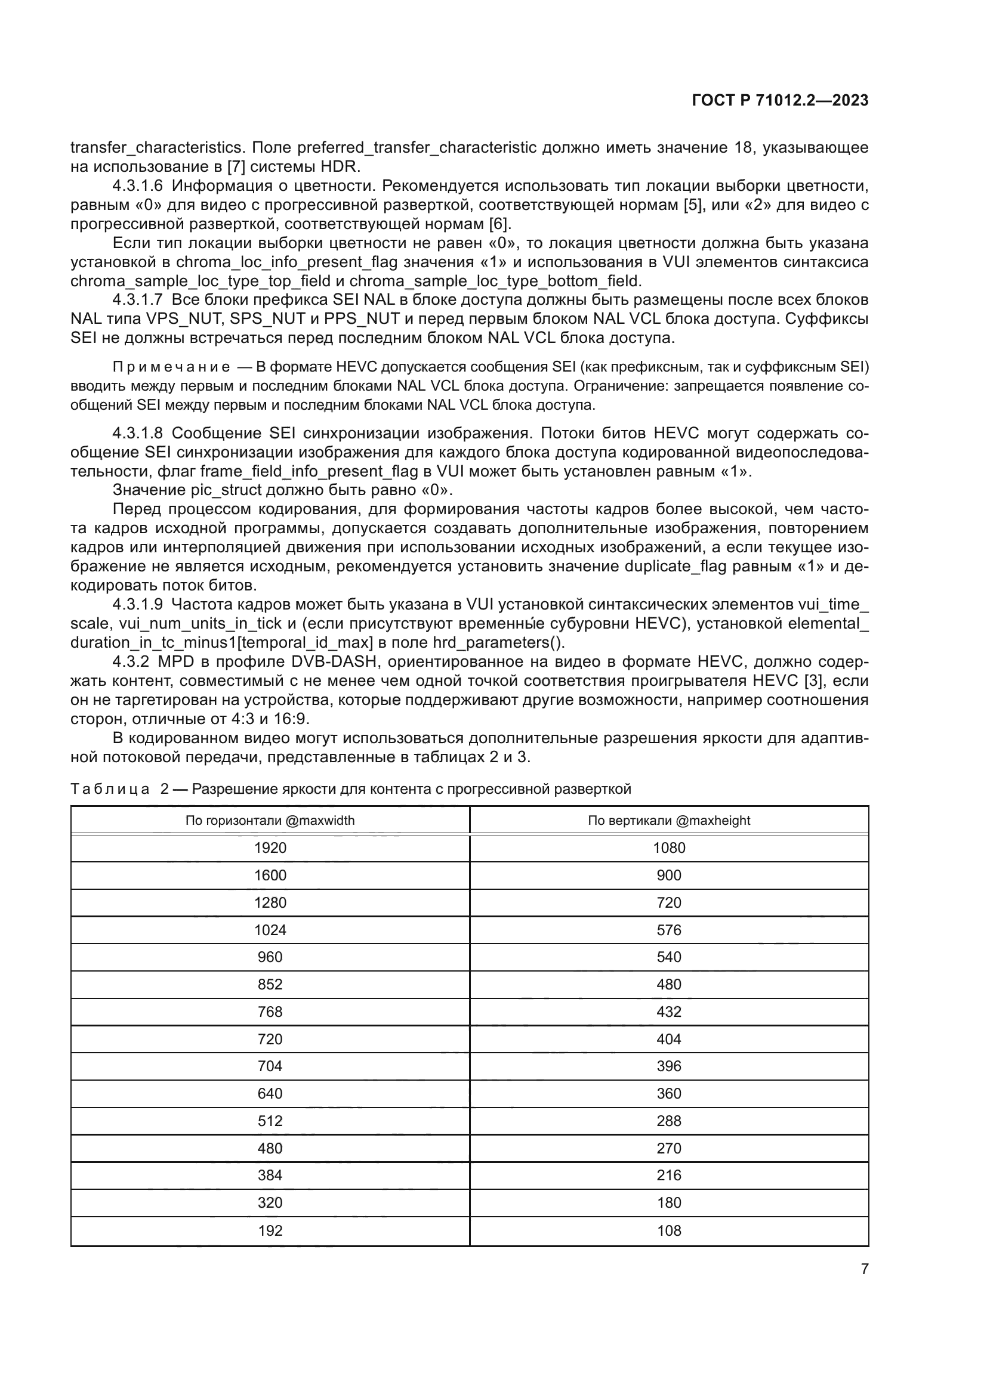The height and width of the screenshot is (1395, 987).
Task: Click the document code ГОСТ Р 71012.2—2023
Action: [x=780, y=101]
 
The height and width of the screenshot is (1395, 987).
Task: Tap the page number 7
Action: [x=864, y=1269]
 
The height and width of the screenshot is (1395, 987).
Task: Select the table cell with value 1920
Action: [x=270, y=848]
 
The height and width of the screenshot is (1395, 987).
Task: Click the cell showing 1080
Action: [x=668, y=848]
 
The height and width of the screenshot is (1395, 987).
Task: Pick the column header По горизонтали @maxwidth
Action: [x=270, y=820]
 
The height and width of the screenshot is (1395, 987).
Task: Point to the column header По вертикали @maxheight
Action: [x=668, y=820]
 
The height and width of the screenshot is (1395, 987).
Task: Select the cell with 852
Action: [x=270, y=984]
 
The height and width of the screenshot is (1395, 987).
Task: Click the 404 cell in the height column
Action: [x=668, y=1039]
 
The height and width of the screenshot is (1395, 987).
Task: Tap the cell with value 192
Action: [x=270, y=1230]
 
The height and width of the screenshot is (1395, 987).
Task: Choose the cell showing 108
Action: [x=668, y=1230]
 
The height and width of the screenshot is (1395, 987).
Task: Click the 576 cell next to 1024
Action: [x=668, y=930]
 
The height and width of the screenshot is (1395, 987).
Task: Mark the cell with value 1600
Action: [x=270, y=876]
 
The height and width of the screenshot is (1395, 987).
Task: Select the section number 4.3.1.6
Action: [x=137, y=186]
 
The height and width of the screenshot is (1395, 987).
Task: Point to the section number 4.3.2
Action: [x=132, y=661]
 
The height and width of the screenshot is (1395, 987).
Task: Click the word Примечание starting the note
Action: [x=171, y=367]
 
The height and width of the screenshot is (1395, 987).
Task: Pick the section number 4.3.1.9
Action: [x=137, y=605]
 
